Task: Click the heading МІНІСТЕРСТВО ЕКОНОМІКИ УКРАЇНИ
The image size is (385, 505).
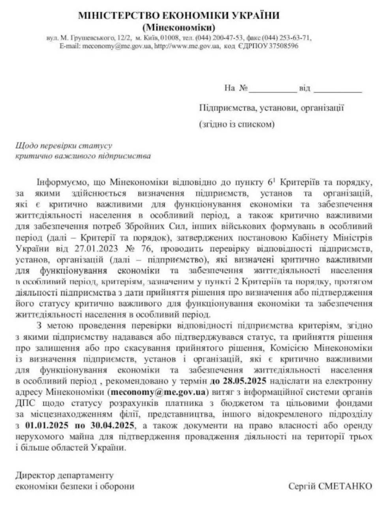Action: [x=179, y=15]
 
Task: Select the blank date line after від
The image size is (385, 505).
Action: [x=338, y=89]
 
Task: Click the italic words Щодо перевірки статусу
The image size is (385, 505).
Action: [x=64, y=146]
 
